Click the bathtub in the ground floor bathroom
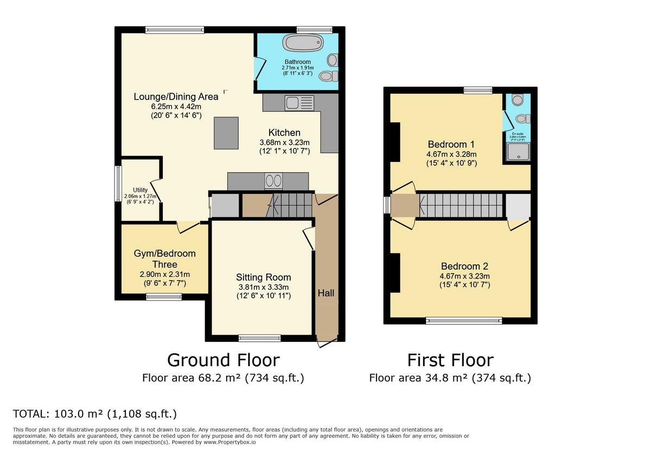coord(303,44)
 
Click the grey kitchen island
coord(226,133)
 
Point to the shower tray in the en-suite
coord(518,152)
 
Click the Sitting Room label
coord(263,277)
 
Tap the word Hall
coord(326,293)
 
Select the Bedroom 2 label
coord(464,266)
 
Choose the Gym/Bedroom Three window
coord(164,296)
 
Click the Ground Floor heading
coord(223,360)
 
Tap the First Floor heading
coord(450,360)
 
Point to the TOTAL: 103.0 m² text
coord(95,414)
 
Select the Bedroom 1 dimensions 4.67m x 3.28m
coord(451,154)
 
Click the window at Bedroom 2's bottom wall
coord(464,321)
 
